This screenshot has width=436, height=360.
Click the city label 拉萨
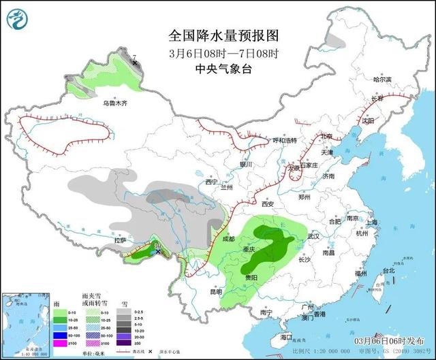click(121, 240)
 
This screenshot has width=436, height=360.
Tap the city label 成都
click(227, 239)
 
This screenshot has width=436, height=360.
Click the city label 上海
click(371, 223)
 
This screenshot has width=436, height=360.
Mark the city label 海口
click(286, 337)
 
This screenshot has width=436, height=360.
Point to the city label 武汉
click(313, 235)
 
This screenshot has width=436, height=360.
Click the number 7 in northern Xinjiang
click(135, 57)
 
